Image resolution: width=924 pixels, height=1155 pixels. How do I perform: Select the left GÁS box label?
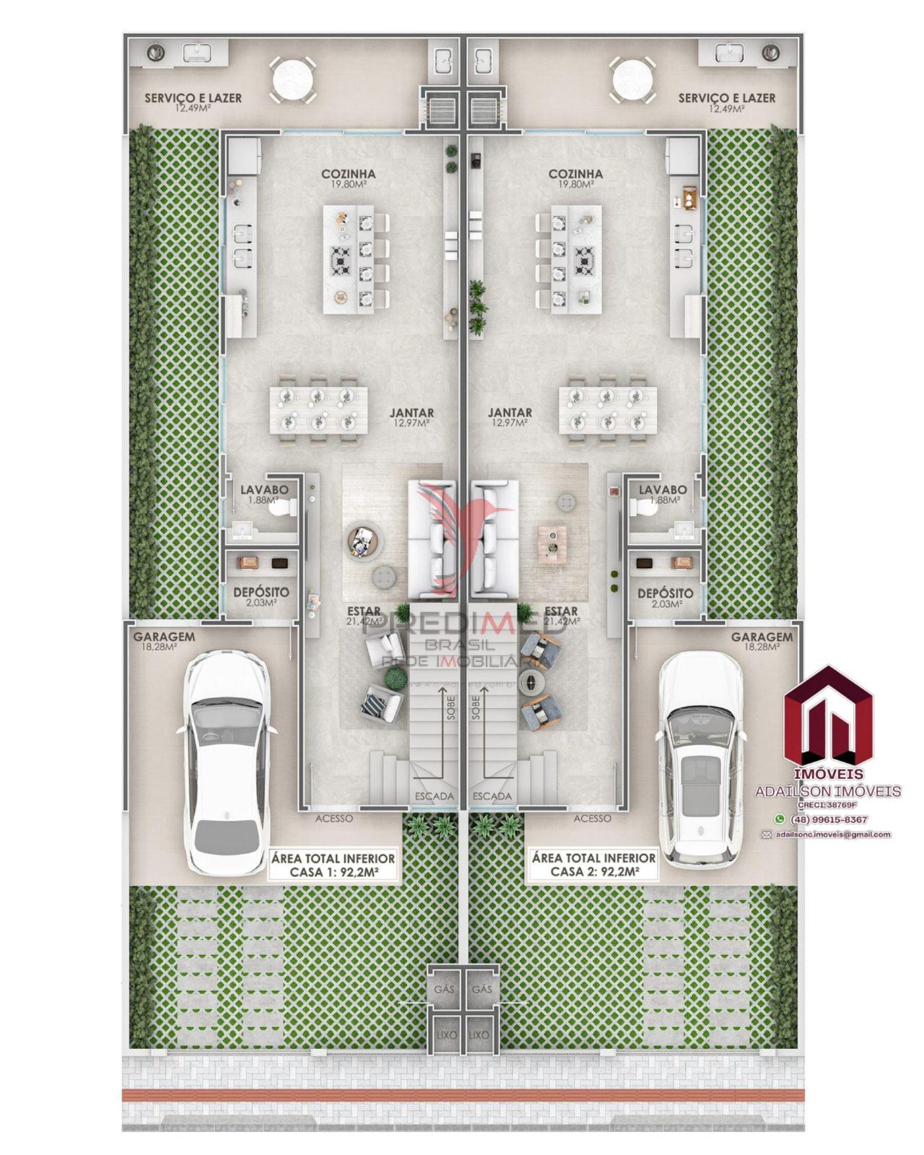point(443,988)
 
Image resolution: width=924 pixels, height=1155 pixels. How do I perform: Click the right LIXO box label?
point(479,1034)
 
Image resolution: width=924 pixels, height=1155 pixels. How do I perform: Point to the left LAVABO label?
point(264,490)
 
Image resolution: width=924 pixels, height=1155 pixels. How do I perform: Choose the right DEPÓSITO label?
point(665,593)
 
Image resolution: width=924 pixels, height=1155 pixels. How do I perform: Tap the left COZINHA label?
point(349,174)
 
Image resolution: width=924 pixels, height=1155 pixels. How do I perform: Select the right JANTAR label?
point(510,413)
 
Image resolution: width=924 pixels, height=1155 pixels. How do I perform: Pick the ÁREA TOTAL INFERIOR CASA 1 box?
point(333,865)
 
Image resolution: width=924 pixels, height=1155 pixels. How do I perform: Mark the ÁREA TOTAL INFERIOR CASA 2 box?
point(593,865)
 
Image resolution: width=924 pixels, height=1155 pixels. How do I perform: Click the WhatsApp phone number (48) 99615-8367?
point(829,819)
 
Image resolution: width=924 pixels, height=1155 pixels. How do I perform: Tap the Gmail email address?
point(833,834)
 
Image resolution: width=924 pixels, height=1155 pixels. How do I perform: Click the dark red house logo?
point(828,716)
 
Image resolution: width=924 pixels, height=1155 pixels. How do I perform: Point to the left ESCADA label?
point(434,796)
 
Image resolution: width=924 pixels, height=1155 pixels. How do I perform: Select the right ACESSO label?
point(592,819)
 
